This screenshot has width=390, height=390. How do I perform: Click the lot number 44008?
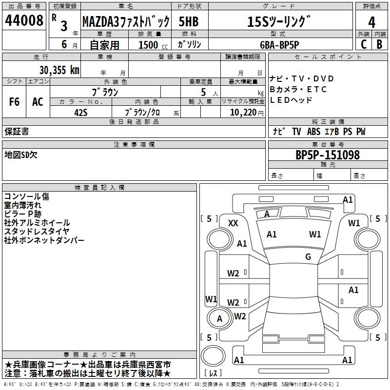(x=24, y=20)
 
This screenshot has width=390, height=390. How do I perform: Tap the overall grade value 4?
(x=371, y=22)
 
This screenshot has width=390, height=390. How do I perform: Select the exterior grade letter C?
(x=364, y=44)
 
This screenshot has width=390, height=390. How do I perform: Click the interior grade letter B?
(x=379, y=44)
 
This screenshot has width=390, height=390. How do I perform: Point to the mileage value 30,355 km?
(x=59, y=70)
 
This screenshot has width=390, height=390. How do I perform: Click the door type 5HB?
(x=189, y=21)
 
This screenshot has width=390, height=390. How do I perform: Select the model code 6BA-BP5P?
(x=279, y=45)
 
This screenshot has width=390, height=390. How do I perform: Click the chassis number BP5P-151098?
(x=328, y=155)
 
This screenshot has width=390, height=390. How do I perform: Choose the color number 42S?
(x=81, y=113)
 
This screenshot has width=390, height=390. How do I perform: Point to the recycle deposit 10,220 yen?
(x=247, y=113)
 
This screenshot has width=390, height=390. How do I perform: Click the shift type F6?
(x=14, y=102)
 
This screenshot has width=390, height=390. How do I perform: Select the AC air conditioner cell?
(x=38, y=102)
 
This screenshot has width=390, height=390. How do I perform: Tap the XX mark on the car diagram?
(x=233, y=223)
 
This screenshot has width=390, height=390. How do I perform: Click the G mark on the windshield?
(x=308, y=256)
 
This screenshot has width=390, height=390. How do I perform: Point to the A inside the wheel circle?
(x=219, y=319)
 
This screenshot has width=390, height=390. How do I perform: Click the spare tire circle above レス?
(x=213, y=356)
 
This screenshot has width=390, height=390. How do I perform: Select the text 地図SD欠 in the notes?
(x=21, y=155)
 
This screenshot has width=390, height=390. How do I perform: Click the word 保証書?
(x=17, y=131)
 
